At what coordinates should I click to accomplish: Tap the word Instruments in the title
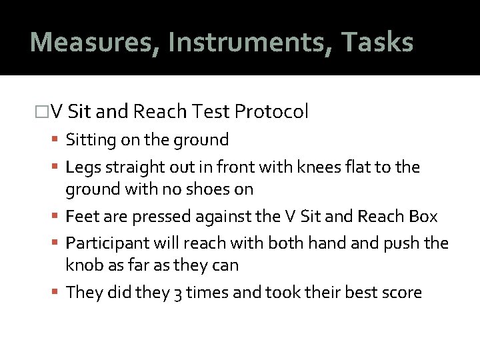[x=249, y=42]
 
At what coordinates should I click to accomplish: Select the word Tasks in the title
[x=377, y=42]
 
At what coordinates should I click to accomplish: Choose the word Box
[x=423, y=217]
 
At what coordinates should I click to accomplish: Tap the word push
[x=403, y=243]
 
